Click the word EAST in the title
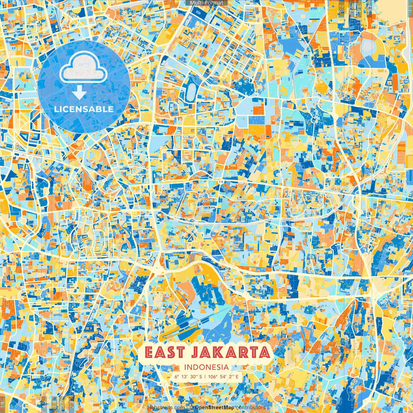pyautogui.click(x=165, y=352)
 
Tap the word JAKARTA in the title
pyautogui.click(x=230, y=352)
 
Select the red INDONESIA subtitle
pyautogui.click(x=206, y=367)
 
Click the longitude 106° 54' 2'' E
pyautogui.click(x=223, y=376)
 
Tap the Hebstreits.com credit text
pyautogui.click(x=166, y=408)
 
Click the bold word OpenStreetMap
pyautogui.click(x=214, y=408)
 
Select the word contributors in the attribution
pyautogui.click(x=250, y=408)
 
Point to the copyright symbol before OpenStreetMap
pyautogui.click(x=191, y=408)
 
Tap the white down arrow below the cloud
pyautogui.click(x=79, y=94)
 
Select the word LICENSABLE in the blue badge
pyautogui.click(x=84, y=109)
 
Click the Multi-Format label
pyautogui.click(x=206, y=3)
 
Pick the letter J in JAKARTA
pyautogui.click(x=194, y=353)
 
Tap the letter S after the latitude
pyautogui.click(x=201, y=376)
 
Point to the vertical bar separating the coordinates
pyautogui.click(x=205, y=376)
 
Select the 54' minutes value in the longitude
pyautogui.click(x=224, y=376)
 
